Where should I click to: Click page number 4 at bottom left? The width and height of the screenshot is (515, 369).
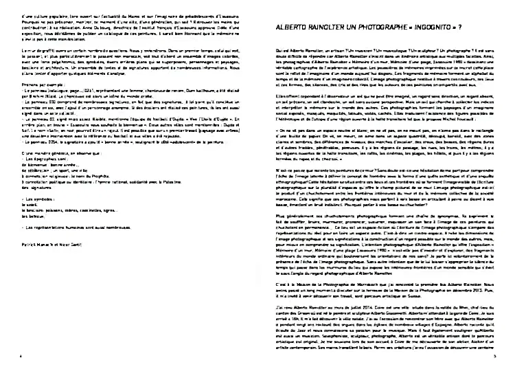[x=21, y=357]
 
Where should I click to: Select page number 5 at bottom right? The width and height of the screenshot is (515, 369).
[x=494, y=357]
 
